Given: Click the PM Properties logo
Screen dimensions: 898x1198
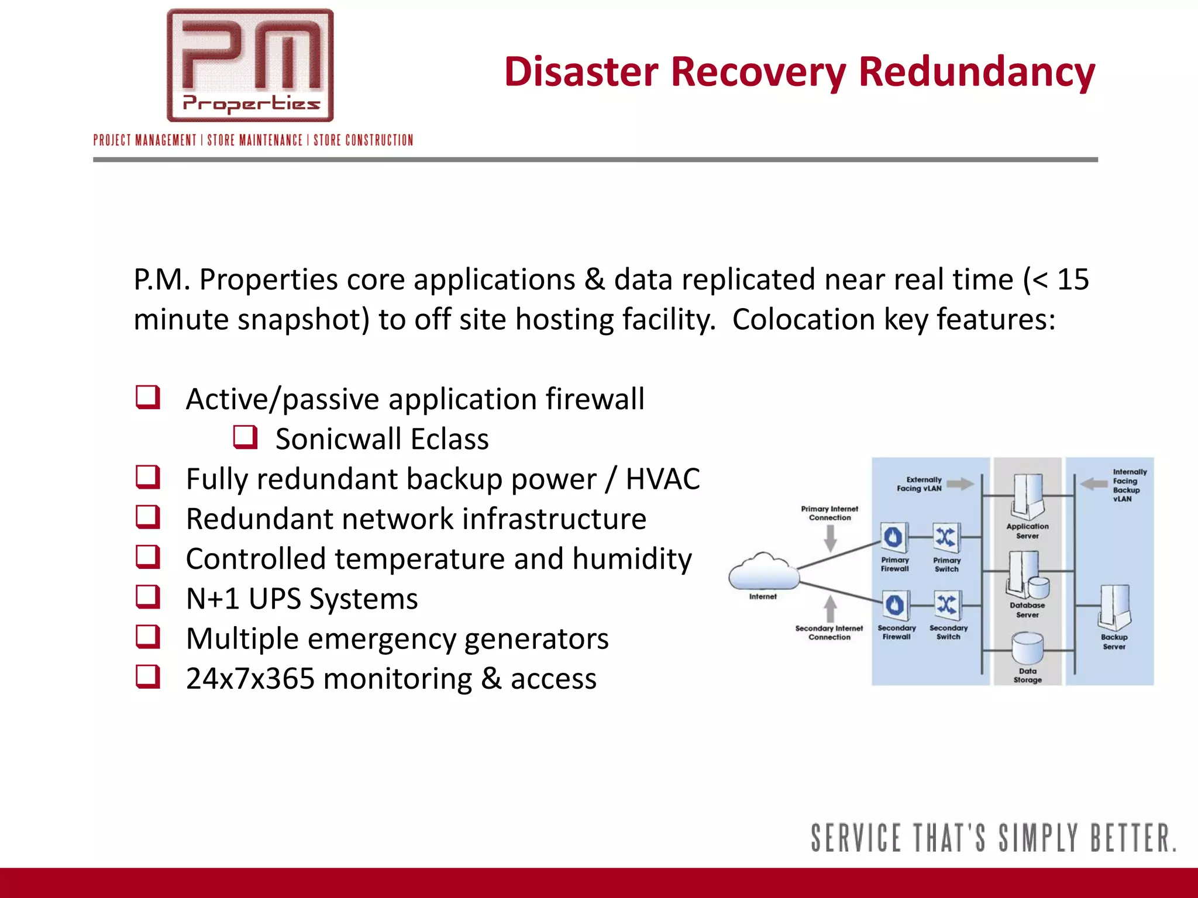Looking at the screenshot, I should (250, 65).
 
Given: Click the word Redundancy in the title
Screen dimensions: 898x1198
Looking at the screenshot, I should (976, 72).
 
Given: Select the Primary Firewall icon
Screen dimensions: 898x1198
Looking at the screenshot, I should (894, 537).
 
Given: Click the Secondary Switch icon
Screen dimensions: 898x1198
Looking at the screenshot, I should (947, 605).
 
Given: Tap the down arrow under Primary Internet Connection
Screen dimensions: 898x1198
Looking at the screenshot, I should (830, 538).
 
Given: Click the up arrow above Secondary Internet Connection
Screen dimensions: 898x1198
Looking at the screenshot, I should (830, 609).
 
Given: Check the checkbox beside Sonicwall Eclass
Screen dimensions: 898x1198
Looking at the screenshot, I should (245, 437).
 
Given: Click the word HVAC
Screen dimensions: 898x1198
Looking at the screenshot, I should (662, 479).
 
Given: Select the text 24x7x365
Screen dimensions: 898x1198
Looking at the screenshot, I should (250, 679).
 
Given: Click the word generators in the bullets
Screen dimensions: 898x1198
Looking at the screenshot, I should (536, 638).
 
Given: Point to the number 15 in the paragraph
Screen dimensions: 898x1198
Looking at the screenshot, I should (1073, 279).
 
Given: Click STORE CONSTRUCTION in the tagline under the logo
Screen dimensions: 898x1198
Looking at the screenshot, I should (363, 140).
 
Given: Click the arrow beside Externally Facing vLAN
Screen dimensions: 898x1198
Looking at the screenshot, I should (960, 483).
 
